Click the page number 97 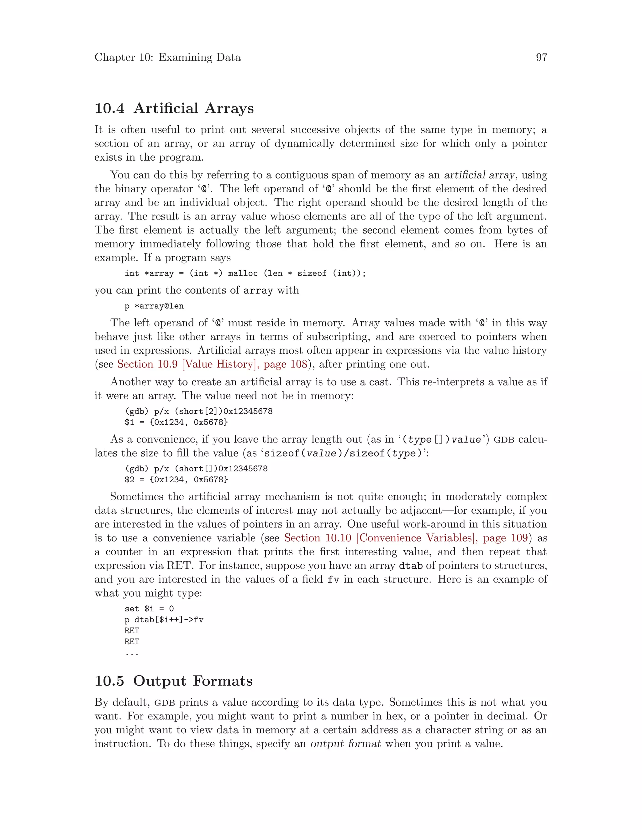[x=541, y=57]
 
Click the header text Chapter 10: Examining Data [x=167, y=57]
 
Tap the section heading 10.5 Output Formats [x=173, y=681]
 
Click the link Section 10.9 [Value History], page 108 [x=212, y=364]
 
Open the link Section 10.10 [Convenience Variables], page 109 [x=406, y=538]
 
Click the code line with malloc [x=245, y=273]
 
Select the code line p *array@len [x=154, y=306]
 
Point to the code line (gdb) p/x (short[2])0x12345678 [x=198, y=411]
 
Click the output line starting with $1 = [x=176, y=422]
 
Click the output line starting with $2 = [x=176, y=480]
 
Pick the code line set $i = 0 [x=149, y=609]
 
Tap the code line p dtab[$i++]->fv [x=164, y=620]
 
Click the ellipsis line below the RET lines [x=132, y=653]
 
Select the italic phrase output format [x=345, y=744]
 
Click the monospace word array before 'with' [x=258, y=291]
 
